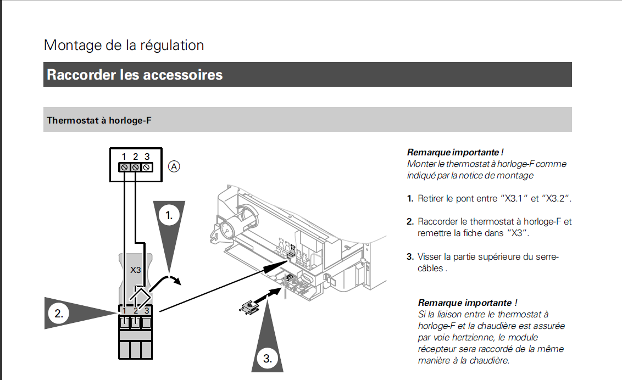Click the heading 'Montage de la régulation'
point(124,45)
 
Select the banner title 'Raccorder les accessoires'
point(135,75)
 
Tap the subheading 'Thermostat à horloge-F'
point(99,120)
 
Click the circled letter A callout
point(174,166)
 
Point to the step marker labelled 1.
point(169,216)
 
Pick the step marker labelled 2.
point(59,314)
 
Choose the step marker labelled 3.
point(267,359)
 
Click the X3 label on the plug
point(136,270)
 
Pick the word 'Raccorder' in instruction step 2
point(438,222)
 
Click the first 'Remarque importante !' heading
point(455,152)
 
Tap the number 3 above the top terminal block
point(147,157)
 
